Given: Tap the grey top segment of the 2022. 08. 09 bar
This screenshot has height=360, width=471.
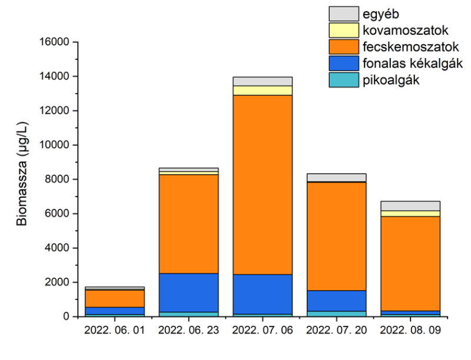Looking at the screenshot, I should coord(410,206).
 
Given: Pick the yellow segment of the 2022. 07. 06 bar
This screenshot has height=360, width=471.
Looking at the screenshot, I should coord(263,90).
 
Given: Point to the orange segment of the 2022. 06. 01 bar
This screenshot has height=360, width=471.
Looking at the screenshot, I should coord(115,298).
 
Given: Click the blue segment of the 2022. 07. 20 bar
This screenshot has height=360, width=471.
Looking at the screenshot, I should coord(337,301).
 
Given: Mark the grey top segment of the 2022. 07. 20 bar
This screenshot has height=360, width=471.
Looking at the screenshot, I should coord(337,177).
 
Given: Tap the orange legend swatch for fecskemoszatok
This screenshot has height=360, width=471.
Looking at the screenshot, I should coord(344,46).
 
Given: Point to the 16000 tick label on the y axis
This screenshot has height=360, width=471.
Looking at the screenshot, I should coord(54,42).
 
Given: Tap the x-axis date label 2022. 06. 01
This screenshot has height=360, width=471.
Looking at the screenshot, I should coord(115,331).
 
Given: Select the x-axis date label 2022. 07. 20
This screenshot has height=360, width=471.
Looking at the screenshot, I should coord(337,331).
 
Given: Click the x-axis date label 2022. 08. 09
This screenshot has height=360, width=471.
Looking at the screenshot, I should coord(410,331).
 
